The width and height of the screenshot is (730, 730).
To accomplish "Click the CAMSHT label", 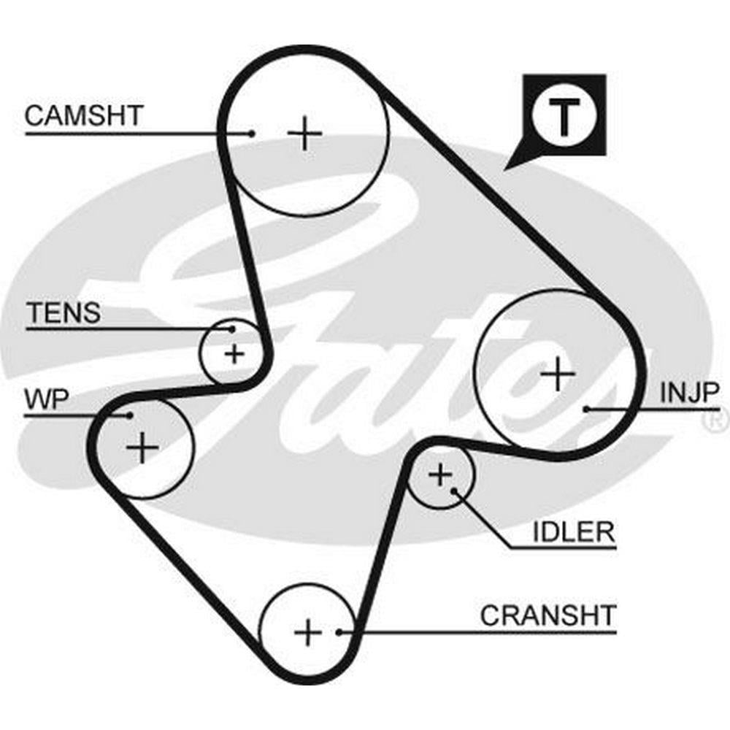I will (x=85, y=115).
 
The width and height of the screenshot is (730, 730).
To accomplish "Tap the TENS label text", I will (x=64, y=313).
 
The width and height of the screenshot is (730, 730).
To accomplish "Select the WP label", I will (x=47, y=399).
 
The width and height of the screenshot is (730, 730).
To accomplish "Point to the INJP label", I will (x=689, y=393).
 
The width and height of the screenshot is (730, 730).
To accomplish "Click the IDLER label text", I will (x=574, y=531).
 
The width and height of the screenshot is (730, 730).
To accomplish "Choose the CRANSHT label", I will (x=548, y=615).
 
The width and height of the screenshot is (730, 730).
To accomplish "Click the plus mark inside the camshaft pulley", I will (x=304, y=134).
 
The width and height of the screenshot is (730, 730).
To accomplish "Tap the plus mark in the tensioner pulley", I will (x=234, y=355).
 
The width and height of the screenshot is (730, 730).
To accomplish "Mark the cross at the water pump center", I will (x=142, y=447).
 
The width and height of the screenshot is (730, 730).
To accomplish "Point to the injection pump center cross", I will (x=558, y=374).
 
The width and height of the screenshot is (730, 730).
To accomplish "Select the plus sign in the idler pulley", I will (x=440, y=476).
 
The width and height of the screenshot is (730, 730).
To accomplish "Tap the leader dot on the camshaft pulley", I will (x=251, y=133).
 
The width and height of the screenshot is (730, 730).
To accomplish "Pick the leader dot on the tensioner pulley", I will (x=232, y=328).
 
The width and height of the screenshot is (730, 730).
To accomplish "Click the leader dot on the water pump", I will (x=129, y=415).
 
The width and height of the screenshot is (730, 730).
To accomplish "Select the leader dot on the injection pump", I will (x=587, y=409).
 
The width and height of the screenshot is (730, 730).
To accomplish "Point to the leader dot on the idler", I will (x=454, y=490).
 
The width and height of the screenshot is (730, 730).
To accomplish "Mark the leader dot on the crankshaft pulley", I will (x=339, y=631).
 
